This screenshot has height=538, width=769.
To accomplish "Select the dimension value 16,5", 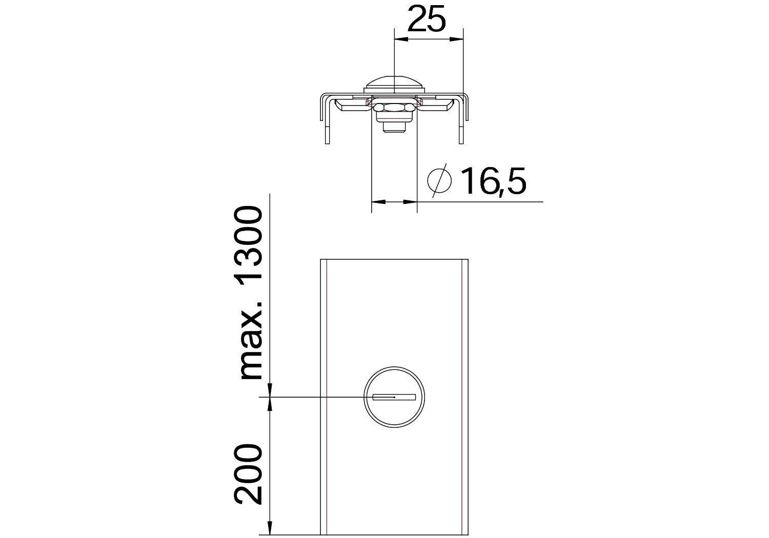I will tap(493, 181).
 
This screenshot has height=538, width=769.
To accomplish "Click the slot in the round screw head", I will tap(394, 397).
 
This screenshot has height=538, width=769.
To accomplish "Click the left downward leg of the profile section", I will tap(324, 120).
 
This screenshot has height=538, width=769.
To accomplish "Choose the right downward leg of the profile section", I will tap(463, 120).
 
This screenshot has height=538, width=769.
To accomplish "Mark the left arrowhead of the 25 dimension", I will tap(400, 39).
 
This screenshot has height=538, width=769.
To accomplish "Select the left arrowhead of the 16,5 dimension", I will tap(377, 202).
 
